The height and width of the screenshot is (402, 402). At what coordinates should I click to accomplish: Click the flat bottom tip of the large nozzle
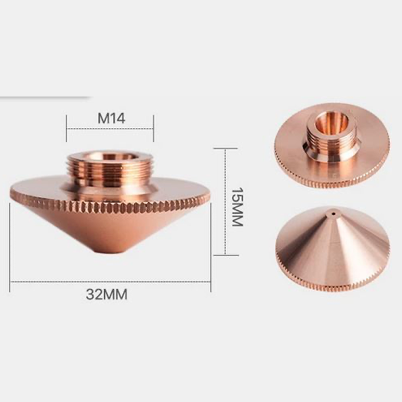(110, 250)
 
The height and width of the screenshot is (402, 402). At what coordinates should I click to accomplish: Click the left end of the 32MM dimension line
(10, 282)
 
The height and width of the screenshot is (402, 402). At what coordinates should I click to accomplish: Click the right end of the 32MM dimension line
(210, 282)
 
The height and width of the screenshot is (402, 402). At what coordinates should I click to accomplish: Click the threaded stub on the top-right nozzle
(332, 138)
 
